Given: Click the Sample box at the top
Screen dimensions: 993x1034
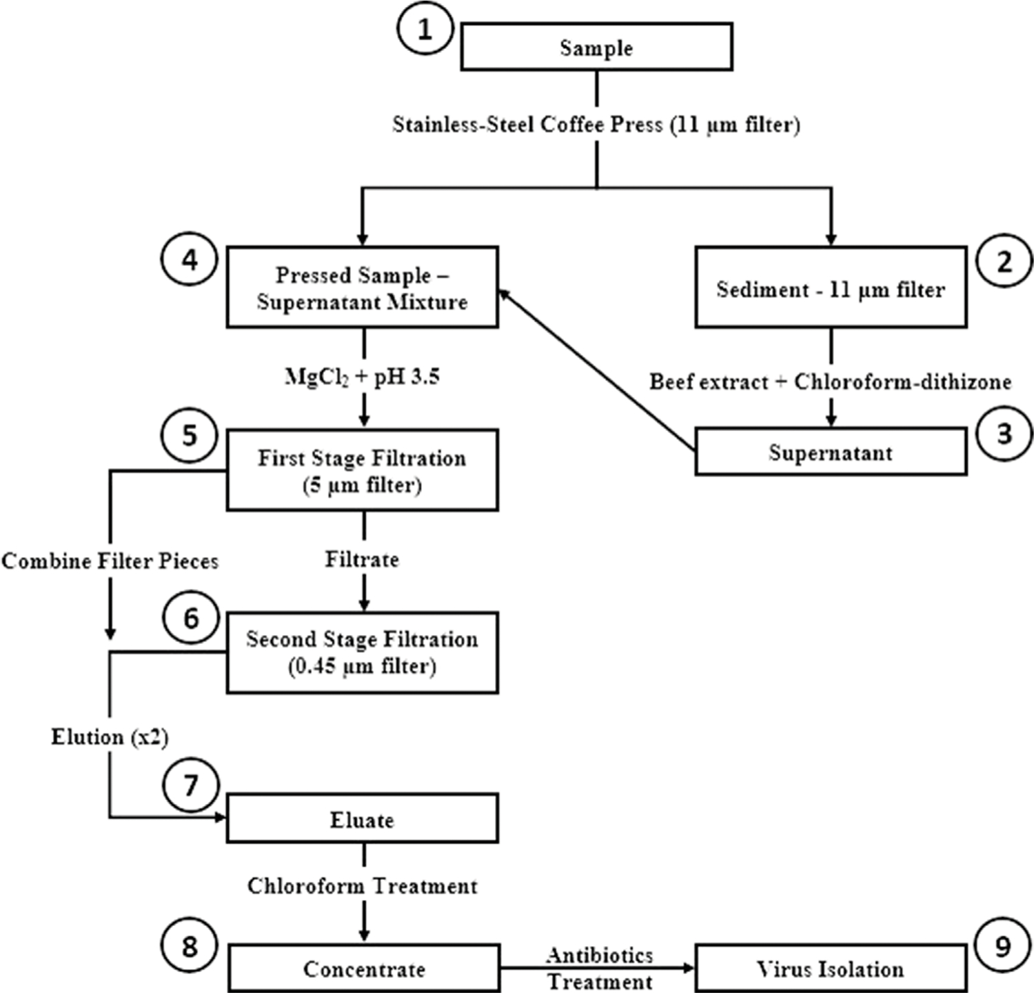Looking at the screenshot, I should point(596,47).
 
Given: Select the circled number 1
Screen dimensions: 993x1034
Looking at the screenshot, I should point(425,30).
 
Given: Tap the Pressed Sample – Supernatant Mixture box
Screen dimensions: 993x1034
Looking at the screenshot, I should point(362,287).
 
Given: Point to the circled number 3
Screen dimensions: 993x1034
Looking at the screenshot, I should point(1004,434).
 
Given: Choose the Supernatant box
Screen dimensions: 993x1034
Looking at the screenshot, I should point(831,452).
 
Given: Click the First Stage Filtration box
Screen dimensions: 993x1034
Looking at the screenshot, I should point(362,470).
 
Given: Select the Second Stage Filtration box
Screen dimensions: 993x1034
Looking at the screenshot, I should point(362,652).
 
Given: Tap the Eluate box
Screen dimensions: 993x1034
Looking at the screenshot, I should point(362,819).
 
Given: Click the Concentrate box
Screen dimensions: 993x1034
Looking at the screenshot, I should point(363,968).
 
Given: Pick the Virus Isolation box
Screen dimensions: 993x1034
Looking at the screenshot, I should point(831,968).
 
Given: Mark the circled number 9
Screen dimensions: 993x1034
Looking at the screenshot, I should point(1003,947).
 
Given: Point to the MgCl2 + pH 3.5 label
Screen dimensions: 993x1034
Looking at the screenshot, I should point(362,377).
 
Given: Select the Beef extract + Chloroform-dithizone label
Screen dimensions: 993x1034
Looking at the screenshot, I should point(831,381).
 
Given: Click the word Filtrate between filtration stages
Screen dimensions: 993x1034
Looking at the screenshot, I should point(362,559).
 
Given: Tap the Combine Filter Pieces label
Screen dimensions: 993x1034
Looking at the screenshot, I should point(110,561).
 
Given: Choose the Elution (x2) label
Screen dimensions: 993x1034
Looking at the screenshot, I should point(110,737).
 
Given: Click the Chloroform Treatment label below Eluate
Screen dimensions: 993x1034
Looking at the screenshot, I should point(362,886).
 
